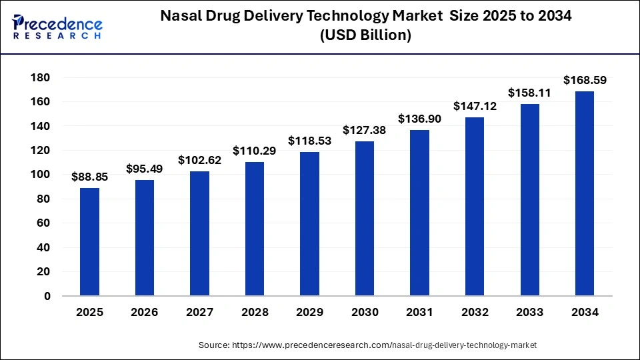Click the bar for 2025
click(89, 241)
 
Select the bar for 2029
click(309, 223)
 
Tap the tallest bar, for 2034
click(584, 193)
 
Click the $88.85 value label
click(89, 177)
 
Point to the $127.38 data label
click(365, 130)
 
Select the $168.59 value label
click(585, 80)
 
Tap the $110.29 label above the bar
click(255, 151)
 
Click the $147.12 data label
click(475, 106)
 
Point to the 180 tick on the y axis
click(41, 77)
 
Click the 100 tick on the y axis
click(41, 175)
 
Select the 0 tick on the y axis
click(47, 296)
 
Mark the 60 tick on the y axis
click(44, 223)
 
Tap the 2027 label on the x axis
click(199, 312)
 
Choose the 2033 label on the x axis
click(529, 312)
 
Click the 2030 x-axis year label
click(365, 312)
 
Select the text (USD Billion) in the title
click(365, 36)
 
